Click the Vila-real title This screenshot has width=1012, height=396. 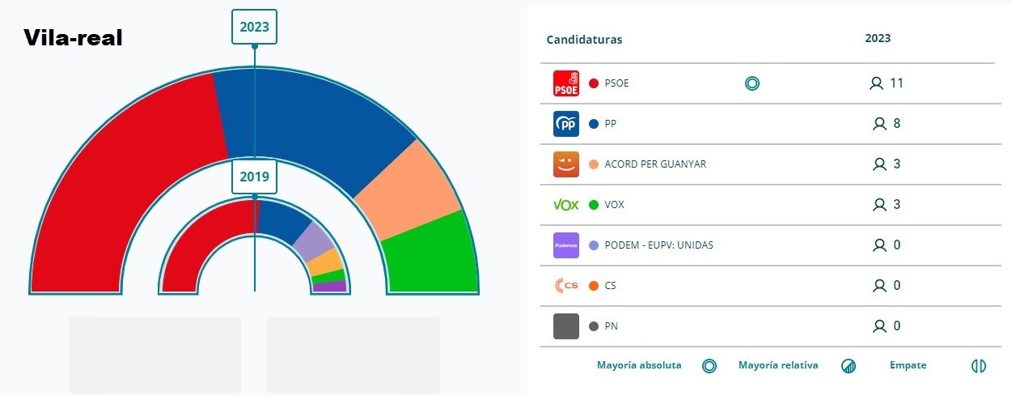click(73, 37)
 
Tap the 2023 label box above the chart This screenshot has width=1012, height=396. click(254, 27)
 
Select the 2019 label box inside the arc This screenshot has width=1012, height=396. click(254, 177)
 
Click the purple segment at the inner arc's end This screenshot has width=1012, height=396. click(330, 287)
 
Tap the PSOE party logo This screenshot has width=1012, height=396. click(566, 83)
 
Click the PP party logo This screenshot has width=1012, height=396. click(566, 124)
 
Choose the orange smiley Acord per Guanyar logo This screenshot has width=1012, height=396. click(566, 164)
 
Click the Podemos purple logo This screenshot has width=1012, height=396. click(566, 245)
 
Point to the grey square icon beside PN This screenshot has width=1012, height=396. click(566, 326)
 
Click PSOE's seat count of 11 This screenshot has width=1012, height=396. click(896, 83)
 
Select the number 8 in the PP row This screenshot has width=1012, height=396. click(897, 123)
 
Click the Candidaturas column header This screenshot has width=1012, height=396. click(584, 40)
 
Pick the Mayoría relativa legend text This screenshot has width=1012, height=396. click(778, 365)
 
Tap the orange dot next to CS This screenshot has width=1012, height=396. click(594, 286)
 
